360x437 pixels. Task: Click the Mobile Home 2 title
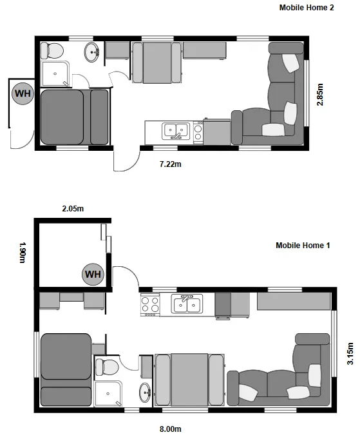[307, 8]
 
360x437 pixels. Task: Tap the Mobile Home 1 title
[303, 246]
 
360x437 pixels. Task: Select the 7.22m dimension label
[170, 164]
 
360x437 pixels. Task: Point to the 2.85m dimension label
[320, 95]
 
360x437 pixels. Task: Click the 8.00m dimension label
[170, 429]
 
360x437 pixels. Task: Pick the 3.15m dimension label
[350, 353]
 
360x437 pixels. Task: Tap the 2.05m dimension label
[73, 208]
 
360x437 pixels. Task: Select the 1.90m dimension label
[23, 252]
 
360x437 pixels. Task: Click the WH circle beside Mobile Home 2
[23, 93]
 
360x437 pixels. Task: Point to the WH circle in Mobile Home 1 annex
[93, 274]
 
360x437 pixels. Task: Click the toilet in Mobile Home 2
[52, 51]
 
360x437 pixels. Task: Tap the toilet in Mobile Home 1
[107, 367]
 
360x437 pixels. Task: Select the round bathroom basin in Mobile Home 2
[91, 52]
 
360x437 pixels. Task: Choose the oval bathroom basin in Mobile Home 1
[146, 392]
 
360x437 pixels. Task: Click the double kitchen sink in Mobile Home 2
[176, 131]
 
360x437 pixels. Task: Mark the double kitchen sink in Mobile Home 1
[187, 304]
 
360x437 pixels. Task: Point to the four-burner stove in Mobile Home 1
[150, 304]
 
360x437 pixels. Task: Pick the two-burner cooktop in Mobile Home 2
[198, 132]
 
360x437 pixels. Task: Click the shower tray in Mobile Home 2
[55, 74]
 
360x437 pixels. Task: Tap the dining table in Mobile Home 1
[189, 380]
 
